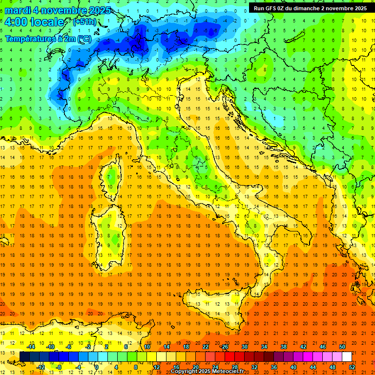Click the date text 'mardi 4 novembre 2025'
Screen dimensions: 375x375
click(x=58, y=10)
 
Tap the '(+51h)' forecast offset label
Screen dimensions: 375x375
click(x=84, y=22)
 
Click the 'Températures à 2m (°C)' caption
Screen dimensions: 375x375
click(x=48, y=38)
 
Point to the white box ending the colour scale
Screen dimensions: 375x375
click(x=347, y=356)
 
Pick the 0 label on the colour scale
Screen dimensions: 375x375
click(x=97, y=367)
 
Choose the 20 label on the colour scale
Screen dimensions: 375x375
click(x=195, y=367)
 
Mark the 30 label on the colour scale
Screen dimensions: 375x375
click(x=244, y=347)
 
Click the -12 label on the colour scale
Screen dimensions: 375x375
click(x=41, y=367)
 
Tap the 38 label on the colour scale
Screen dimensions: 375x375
click(x=284, y=347)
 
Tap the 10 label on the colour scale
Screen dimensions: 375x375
click(x=146, y=347)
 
